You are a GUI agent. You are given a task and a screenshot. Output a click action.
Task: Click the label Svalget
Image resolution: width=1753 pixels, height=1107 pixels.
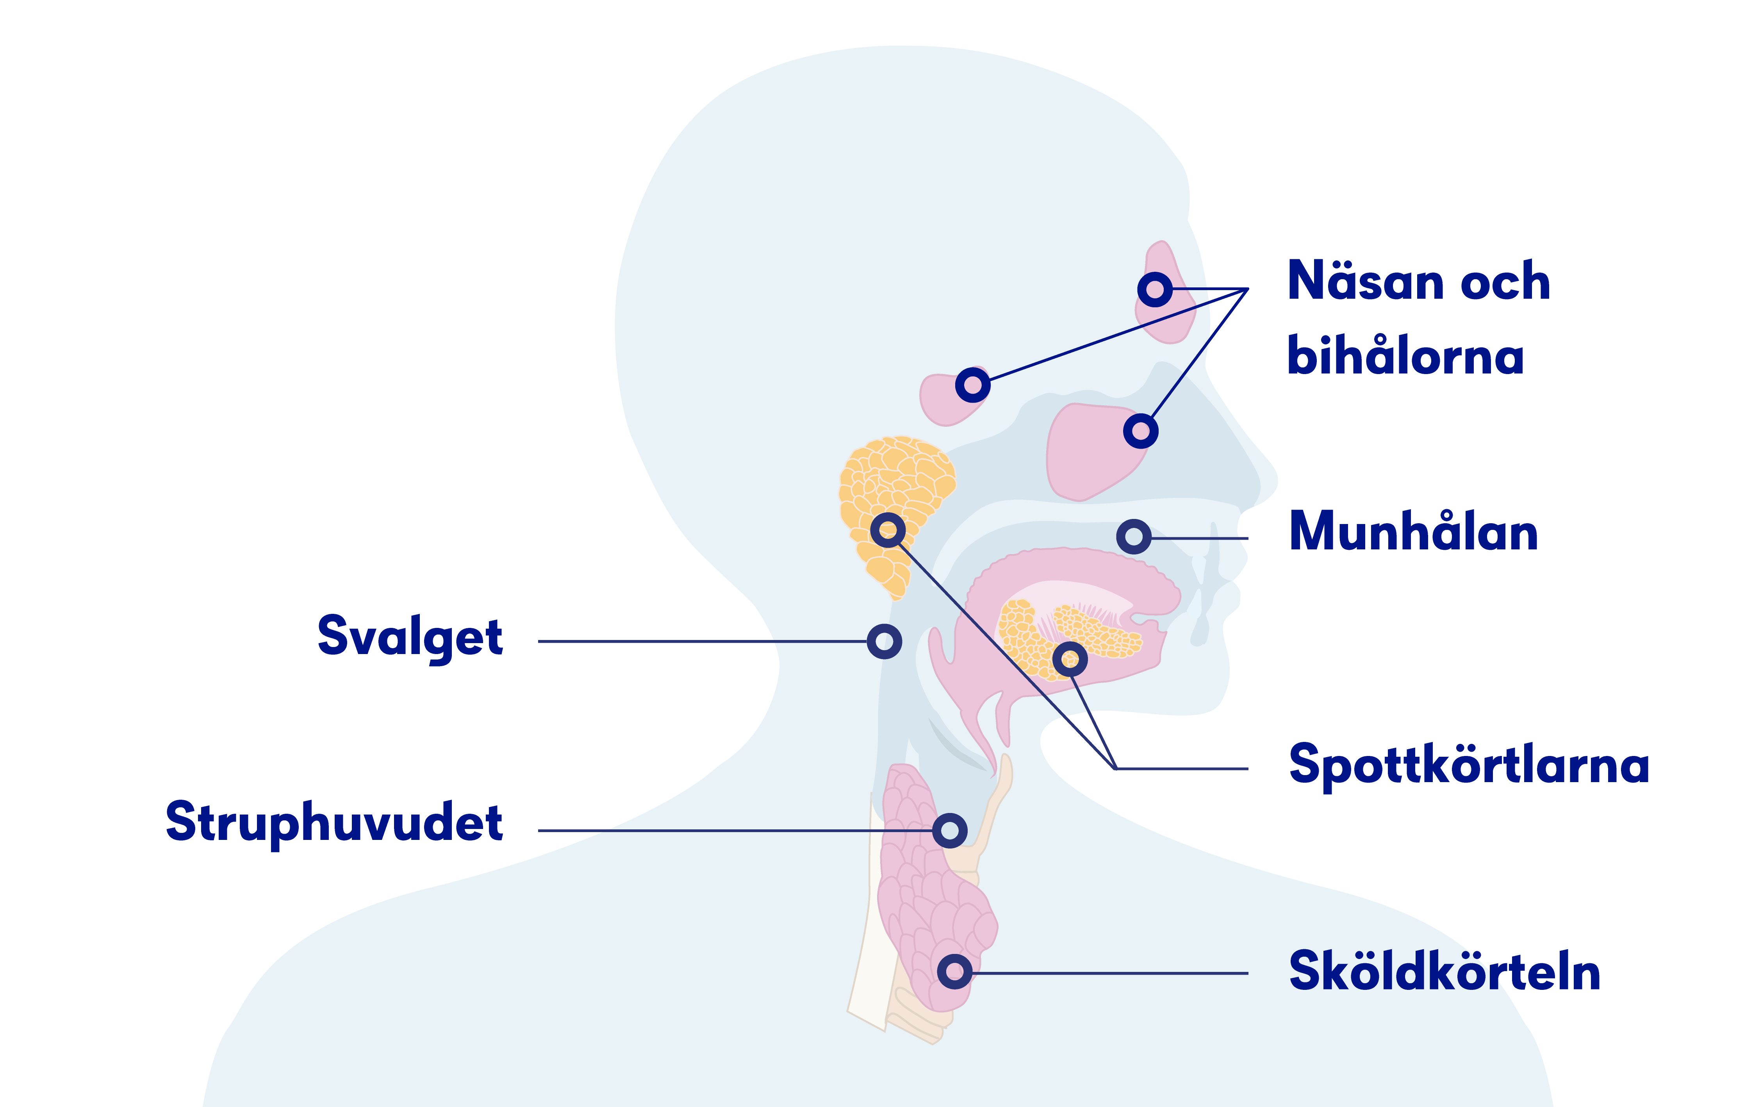[410, 638]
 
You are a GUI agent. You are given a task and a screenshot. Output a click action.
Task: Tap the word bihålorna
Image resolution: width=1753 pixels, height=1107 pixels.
[1405, 356]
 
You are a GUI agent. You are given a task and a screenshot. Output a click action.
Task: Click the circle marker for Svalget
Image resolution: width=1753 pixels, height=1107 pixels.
[885, 641]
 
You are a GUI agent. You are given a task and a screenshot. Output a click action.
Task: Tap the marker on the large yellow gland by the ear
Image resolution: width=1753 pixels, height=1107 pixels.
[888, 530]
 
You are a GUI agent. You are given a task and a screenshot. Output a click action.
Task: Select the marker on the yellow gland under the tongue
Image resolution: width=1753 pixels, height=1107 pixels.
[1070, 660]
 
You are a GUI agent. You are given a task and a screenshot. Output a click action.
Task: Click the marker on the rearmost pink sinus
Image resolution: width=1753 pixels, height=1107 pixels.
[973, 385]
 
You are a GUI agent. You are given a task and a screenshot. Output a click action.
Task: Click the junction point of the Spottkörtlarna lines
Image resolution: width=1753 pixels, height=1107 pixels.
[1115, 768]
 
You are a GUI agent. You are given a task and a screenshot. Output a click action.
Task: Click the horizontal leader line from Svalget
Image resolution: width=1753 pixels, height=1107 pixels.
[703, 641]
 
